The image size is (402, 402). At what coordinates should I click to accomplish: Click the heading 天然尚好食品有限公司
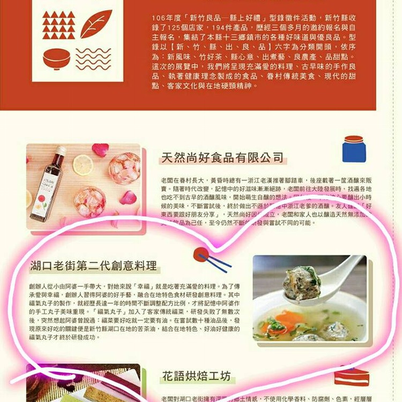222,157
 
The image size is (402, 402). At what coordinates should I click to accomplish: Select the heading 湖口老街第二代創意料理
94,265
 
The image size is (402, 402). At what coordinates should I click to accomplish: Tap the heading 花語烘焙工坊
196,376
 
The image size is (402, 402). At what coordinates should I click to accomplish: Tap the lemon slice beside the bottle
83,165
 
